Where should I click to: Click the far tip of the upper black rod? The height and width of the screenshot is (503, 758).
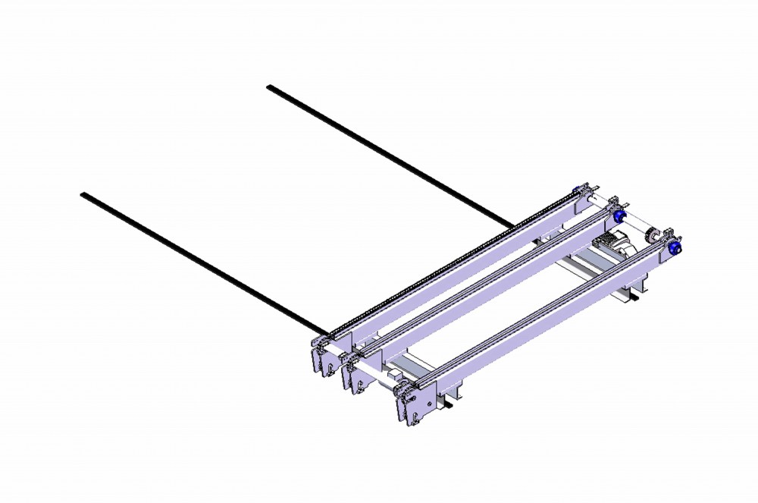click(x=269, y=87)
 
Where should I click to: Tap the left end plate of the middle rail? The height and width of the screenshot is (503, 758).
click(x=354, y=373)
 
